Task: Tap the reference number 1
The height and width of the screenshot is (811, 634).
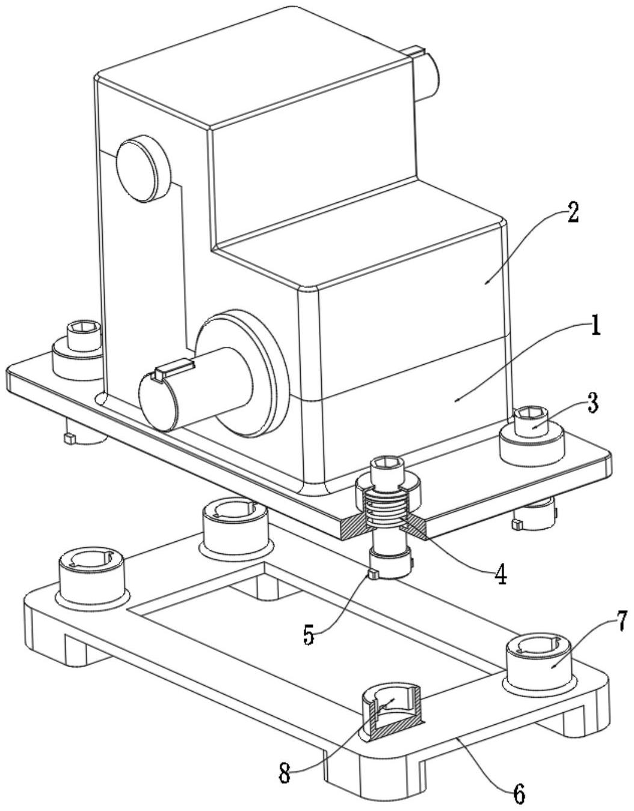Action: click(x=595, y=325)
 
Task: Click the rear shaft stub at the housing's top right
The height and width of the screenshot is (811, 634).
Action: click(x=427, y=75)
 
